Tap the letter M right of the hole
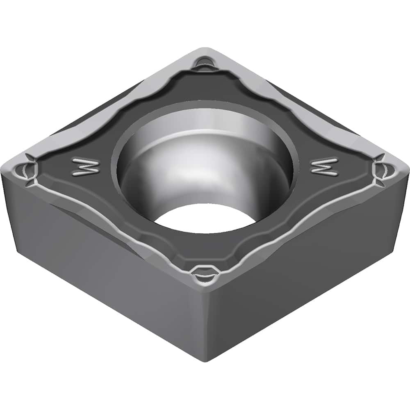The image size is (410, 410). click(x=324, y=166)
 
